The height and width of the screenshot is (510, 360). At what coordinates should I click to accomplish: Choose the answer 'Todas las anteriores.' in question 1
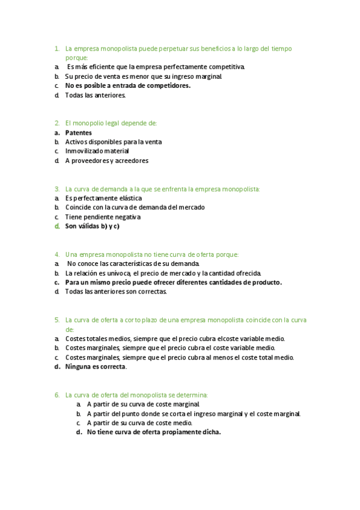95,95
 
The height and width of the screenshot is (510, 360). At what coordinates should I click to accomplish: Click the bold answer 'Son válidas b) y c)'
92,226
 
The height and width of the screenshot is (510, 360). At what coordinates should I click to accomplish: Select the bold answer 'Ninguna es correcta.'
96,366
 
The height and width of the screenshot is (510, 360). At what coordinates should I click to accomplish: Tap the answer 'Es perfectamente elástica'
103,198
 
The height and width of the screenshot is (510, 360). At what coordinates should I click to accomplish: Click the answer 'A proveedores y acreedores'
106,161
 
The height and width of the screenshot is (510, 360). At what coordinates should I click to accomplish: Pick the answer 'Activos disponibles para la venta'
113,142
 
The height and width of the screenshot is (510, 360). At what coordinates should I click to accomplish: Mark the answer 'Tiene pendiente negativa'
102,217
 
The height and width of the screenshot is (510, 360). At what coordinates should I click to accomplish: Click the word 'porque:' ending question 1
76,58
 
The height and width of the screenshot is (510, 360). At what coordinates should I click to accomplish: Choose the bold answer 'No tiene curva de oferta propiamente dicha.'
153,432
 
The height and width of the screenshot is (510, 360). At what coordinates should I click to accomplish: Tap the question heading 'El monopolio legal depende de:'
111,123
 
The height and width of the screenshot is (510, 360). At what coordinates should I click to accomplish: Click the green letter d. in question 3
56,226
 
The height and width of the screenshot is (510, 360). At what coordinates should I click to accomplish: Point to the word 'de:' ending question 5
70,330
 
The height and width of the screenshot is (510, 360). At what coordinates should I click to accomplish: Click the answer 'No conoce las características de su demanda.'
133,263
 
